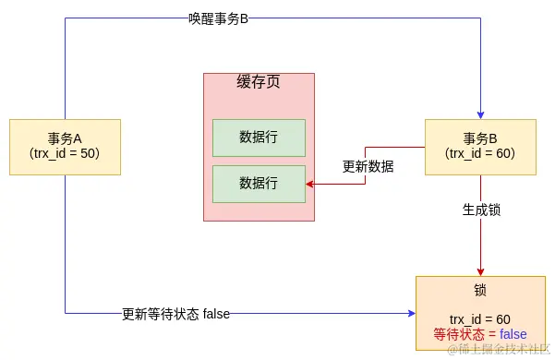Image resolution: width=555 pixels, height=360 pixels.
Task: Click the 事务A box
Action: click(x=65, y=147)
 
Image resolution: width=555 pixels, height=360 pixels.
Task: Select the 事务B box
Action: click(x=480, y=147)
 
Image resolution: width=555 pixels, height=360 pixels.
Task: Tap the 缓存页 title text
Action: click(x=259, y=82)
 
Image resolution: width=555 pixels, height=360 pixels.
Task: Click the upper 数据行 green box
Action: click(x=259, y=138)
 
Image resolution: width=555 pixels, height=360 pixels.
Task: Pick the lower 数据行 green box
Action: click(x=259, y=184)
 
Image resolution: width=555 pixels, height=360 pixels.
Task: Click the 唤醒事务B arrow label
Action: click(x=219, y=18)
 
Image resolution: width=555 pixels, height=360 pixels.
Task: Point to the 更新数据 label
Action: click(x=368, y=167)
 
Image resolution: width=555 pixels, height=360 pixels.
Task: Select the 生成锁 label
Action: click(x=481, y=210)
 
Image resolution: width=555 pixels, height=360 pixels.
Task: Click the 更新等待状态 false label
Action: click(x=175, y=314)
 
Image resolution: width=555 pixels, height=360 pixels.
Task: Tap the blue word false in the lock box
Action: click(x=513, y=334)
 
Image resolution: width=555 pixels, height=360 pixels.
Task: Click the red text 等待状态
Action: click(x=458, y=334)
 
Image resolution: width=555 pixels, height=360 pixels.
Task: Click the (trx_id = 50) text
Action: click(x=65, y=153)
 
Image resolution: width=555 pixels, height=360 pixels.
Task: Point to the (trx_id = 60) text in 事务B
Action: click(x=480, y=153)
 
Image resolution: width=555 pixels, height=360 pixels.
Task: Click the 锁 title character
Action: click(x=480, y=290)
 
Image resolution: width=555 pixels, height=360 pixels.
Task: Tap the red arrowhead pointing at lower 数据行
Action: click(x=310, y=185)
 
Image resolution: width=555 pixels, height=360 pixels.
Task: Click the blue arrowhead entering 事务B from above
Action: click(x=480, y=114)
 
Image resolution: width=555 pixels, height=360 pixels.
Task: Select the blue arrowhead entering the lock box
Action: click(x=411, y=314)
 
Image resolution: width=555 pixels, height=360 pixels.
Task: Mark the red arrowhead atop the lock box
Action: click(x=480, y=271)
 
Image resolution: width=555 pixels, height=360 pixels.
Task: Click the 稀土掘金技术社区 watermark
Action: click(x=499, y=350)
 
